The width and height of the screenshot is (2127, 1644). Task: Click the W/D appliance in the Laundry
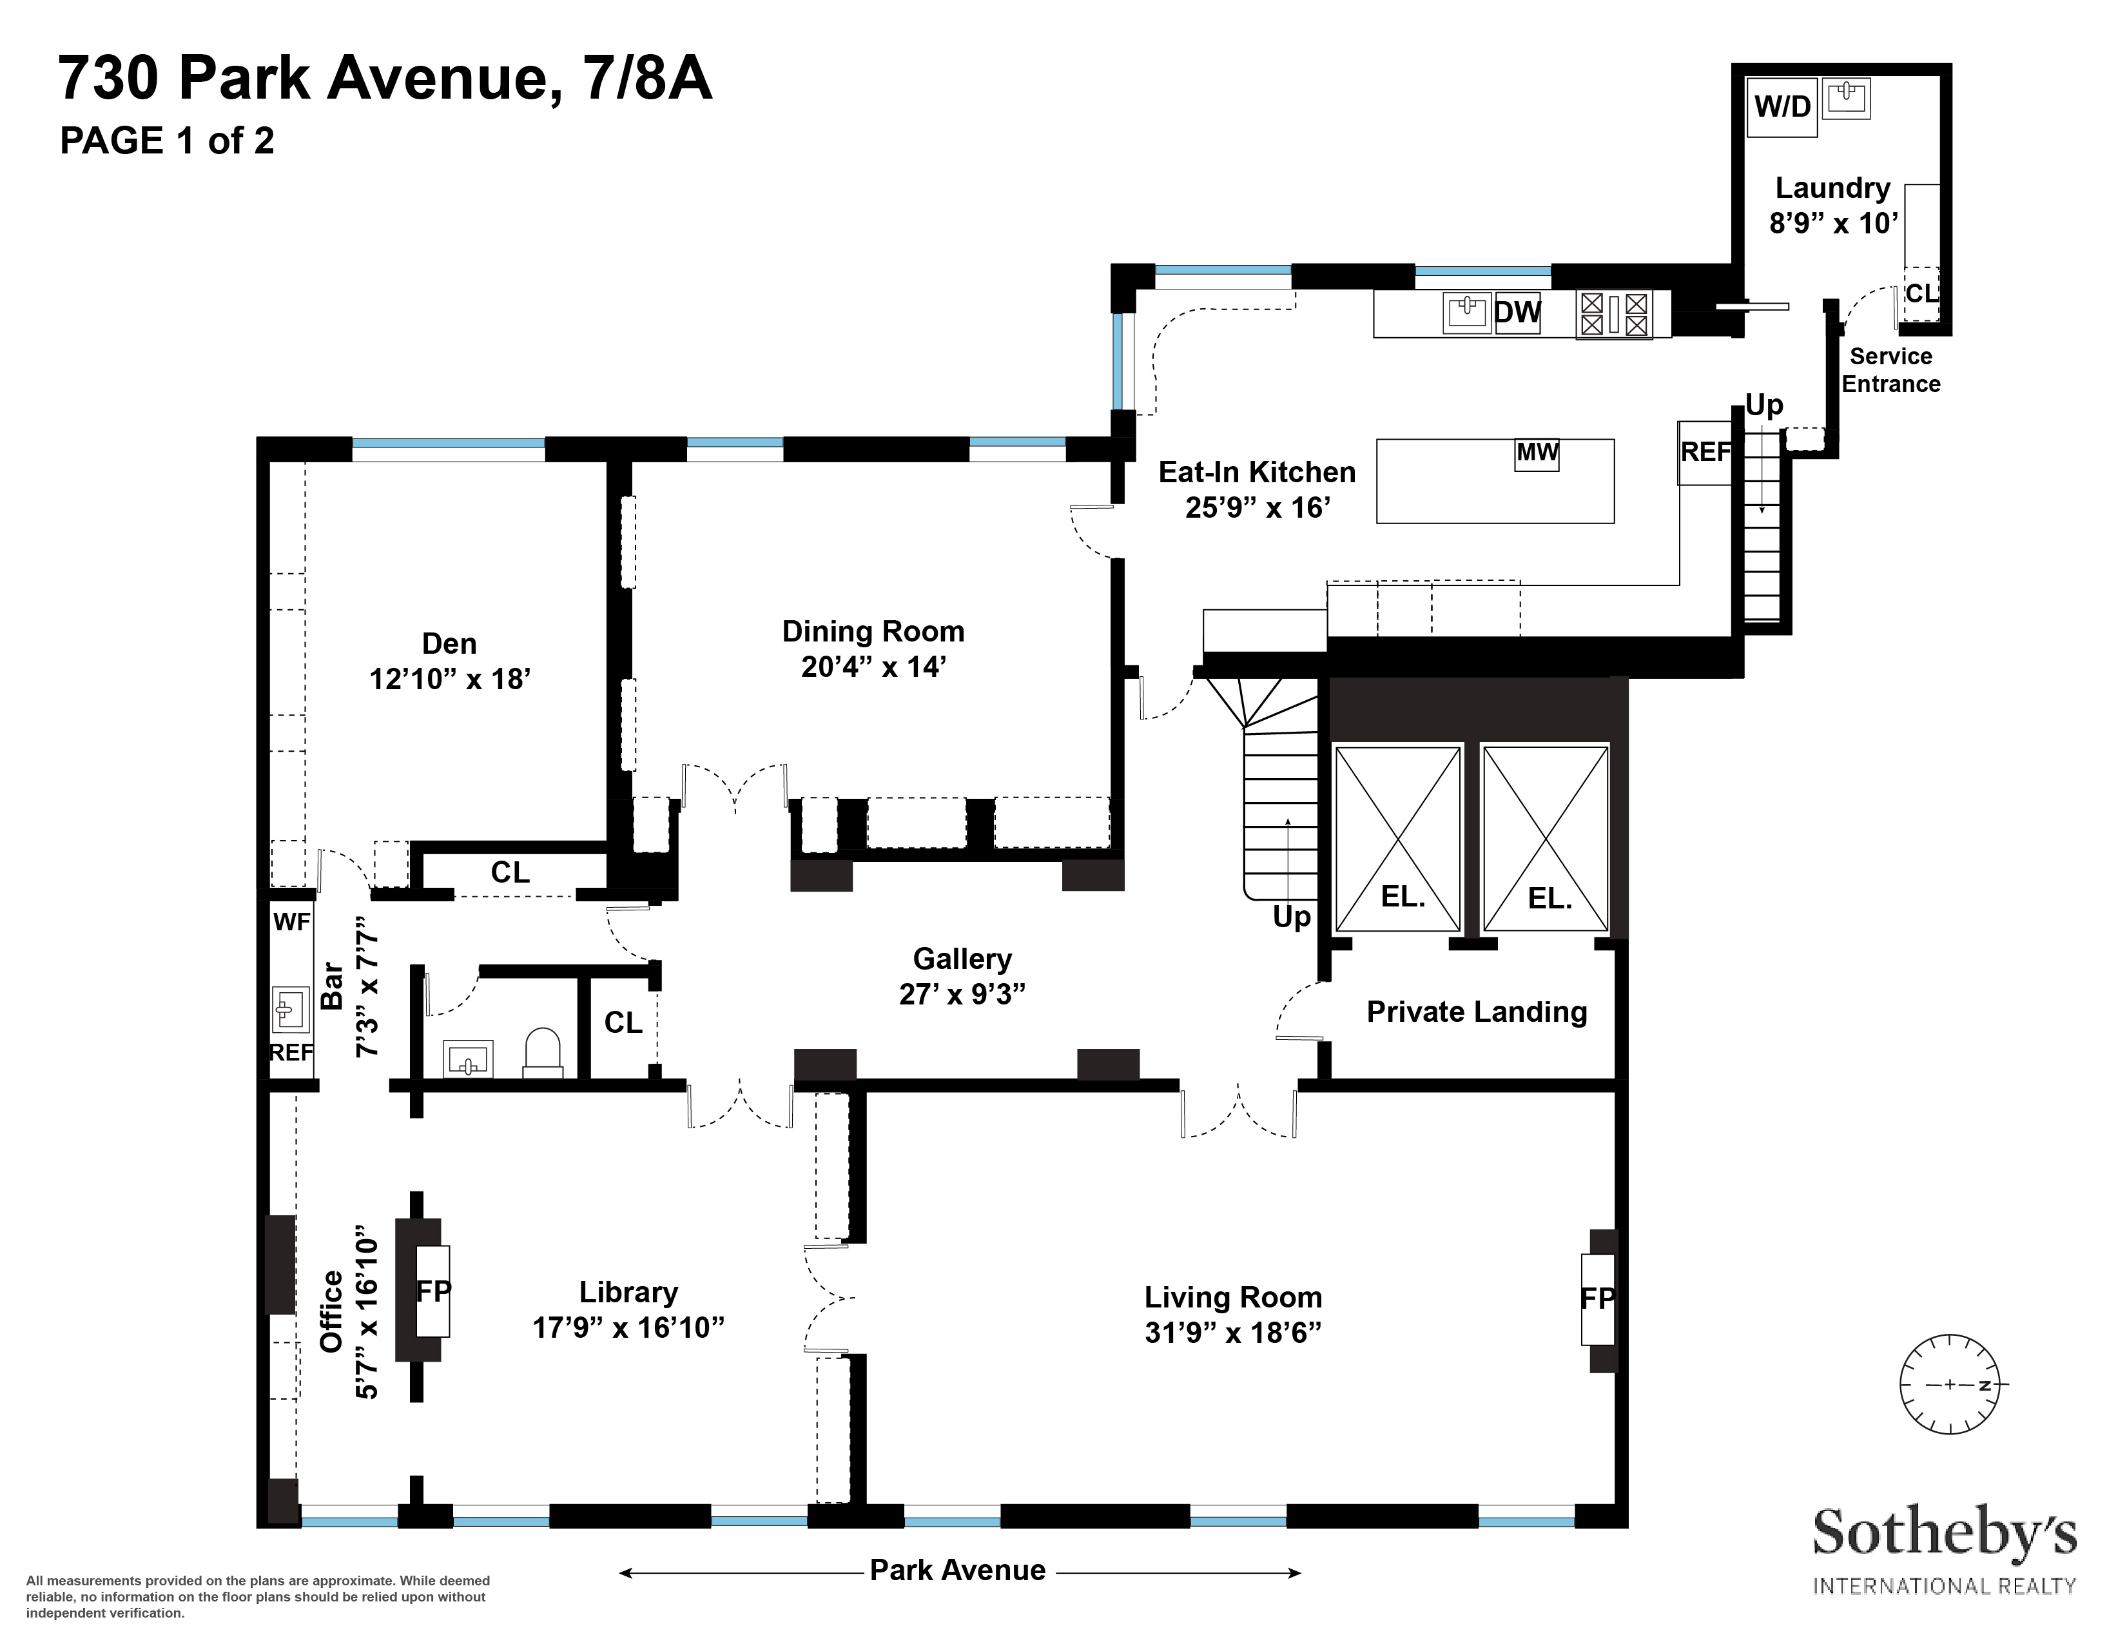(1782, 106)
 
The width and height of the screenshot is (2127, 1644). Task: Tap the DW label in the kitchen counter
(1517, 313)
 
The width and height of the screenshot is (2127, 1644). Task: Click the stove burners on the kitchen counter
(1614, 313)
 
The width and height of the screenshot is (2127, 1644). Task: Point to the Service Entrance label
(1890, 370)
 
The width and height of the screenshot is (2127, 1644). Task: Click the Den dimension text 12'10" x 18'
(449, 679)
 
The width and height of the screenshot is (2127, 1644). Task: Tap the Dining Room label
(873, 631)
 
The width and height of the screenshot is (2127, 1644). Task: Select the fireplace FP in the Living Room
(1597, 1298)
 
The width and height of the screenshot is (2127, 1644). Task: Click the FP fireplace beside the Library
(433, 1291)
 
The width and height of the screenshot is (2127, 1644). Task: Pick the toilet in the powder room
(543, 1053)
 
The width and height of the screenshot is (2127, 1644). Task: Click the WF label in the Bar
(291, 921)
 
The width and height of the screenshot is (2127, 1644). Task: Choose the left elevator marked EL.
(1399, 837)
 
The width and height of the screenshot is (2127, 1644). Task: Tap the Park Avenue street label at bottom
(957, 1570)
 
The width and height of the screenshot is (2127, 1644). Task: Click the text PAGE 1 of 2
(166, 141)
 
